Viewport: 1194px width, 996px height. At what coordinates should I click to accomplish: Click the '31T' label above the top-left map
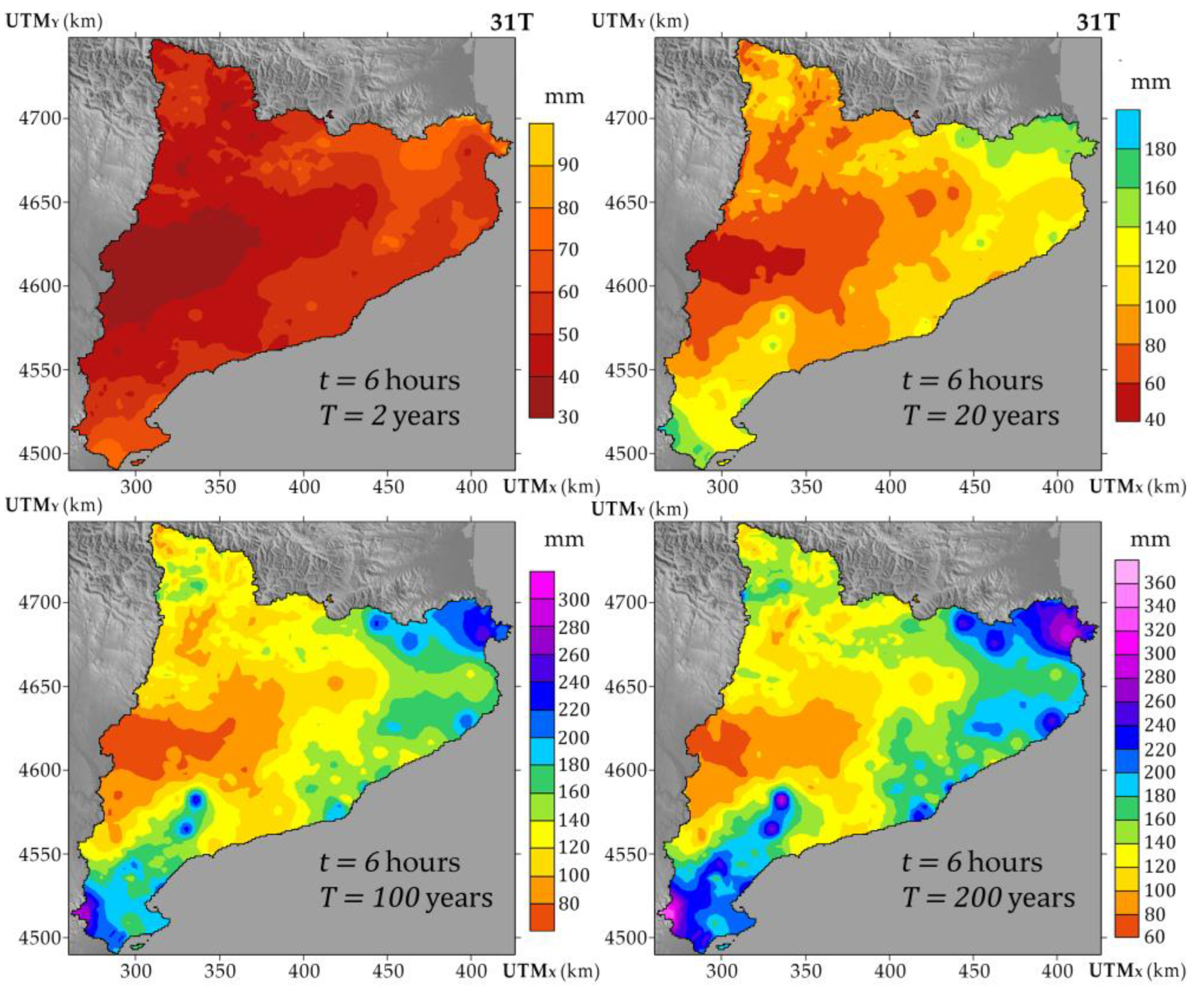pos(511,22)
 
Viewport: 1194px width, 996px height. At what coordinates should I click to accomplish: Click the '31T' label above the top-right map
pos(1097,22)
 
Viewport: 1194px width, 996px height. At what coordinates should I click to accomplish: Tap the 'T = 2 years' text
pos(389,415)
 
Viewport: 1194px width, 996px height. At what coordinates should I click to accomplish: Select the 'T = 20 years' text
pos(981,415)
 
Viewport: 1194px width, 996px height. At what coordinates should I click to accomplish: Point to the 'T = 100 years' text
pos(406,898)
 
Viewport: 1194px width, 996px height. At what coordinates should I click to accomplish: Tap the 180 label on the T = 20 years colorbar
pos(1160,150)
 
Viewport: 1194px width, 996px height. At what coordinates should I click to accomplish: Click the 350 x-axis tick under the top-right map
pos(806,487)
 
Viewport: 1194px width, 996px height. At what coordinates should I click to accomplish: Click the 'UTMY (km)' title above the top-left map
pos(54,21)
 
